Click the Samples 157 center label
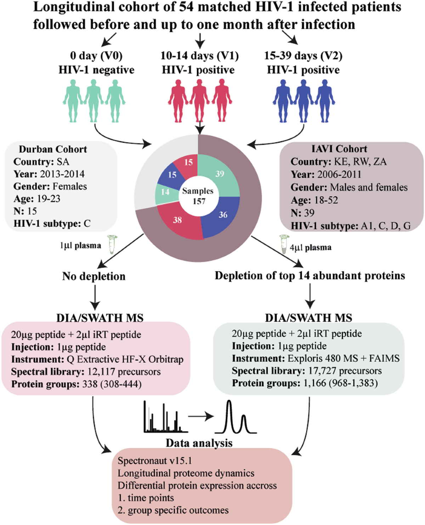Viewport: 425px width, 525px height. [x=198, y=196]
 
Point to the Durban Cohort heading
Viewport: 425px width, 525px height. [x=53, y=149]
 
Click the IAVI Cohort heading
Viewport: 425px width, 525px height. [x=339, y=149]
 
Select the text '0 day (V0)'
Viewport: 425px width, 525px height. [x=96, y=56]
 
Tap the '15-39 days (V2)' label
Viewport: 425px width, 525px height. [x=303, y=56]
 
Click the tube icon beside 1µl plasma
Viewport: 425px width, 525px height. [x=112, y=245]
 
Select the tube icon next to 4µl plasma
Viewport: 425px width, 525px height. [x=283, y=244]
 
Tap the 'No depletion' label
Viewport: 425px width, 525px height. [x=94, y=276]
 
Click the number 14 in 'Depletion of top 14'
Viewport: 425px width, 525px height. [x=304, y=275]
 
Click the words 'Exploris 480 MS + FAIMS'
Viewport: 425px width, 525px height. [x=344, y=358]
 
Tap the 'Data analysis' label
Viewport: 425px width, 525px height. [x=199, y=443]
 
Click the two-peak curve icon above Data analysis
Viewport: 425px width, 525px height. [x=236, y=418]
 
